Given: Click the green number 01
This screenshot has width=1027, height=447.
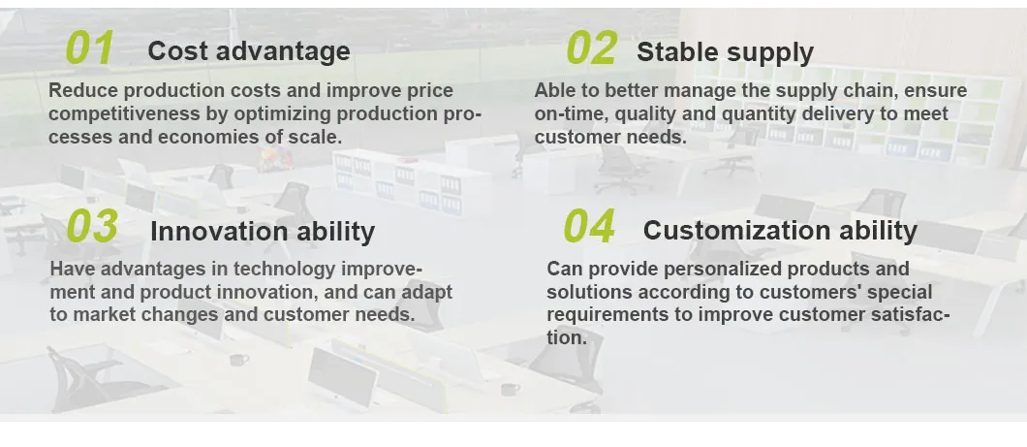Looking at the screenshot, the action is coord(90,48).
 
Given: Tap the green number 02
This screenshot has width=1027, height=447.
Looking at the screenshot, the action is coord(591,48).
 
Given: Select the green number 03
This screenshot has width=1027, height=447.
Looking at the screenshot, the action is coord(92,226).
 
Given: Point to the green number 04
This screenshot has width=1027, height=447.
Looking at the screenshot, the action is coord(589,226).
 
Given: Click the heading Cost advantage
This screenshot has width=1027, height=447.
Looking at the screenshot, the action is coord(249,51).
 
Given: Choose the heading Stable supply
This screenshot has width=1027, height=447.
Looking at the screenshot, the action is coord(725,52).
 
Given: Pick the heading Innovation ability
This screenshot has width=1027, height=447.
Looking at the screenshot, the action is coord(263,232).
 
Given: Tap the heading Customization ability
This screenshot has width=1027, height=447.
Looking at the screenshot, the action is coord(780,231).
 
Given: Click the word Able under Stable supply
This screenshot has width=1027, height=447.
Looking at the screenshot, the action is coord(553,90).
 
